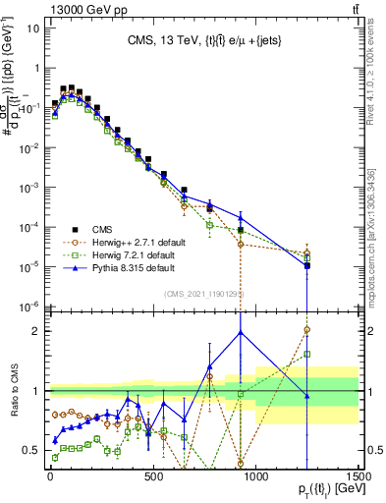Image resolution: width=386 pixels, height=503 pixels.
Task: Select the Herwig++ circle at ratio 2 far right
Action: [x=307, y=330]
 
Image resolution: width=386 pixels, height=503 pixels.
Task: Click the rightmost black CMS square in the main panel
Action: [x=307, y=265]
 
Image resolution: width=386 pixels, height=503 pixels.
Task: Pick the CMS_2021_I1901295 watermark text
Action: [x=203, y=294]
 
